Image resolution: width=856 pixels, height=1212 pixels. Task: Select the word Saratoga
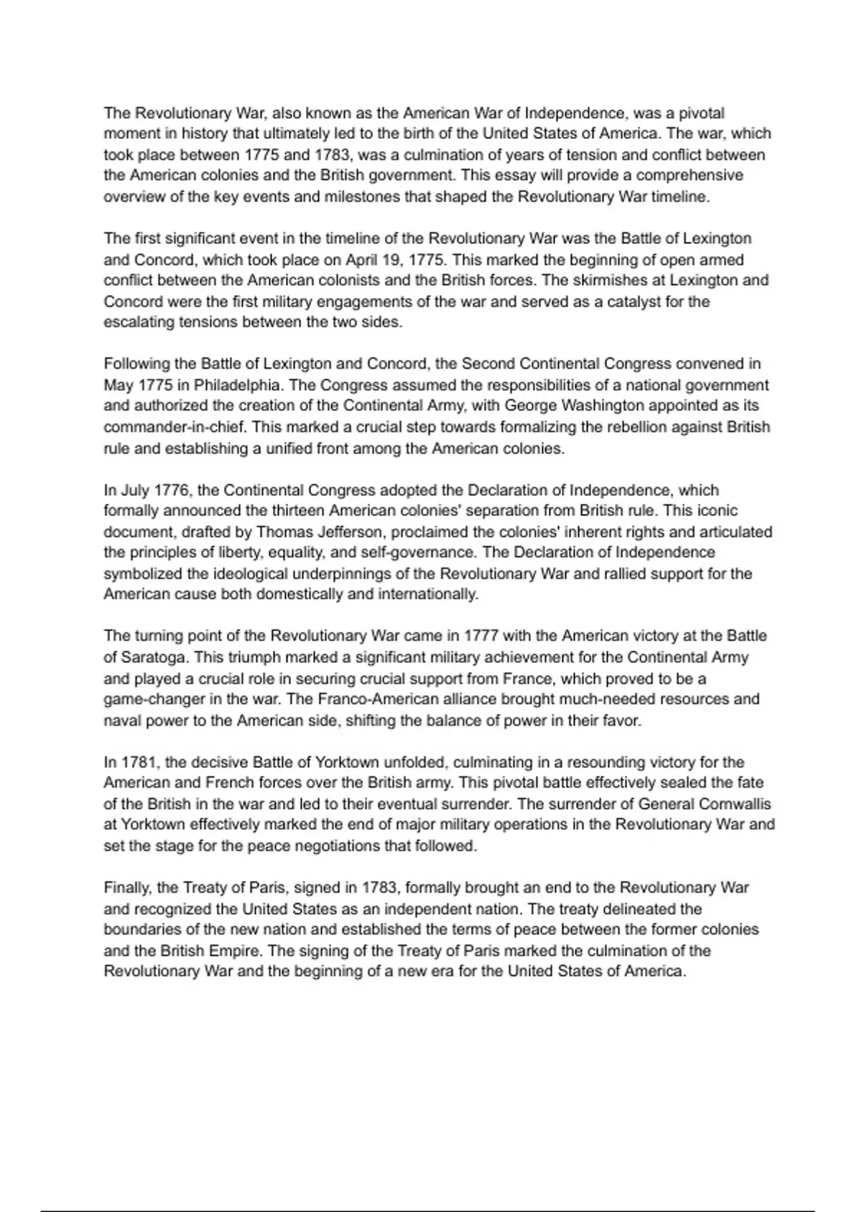click(x=153, y=657)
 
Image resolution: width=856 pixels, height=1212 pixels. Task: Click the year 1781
click(x=139, y=762)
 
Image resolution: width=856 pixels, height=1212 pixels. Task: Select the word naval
click(x=122, y=720)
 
